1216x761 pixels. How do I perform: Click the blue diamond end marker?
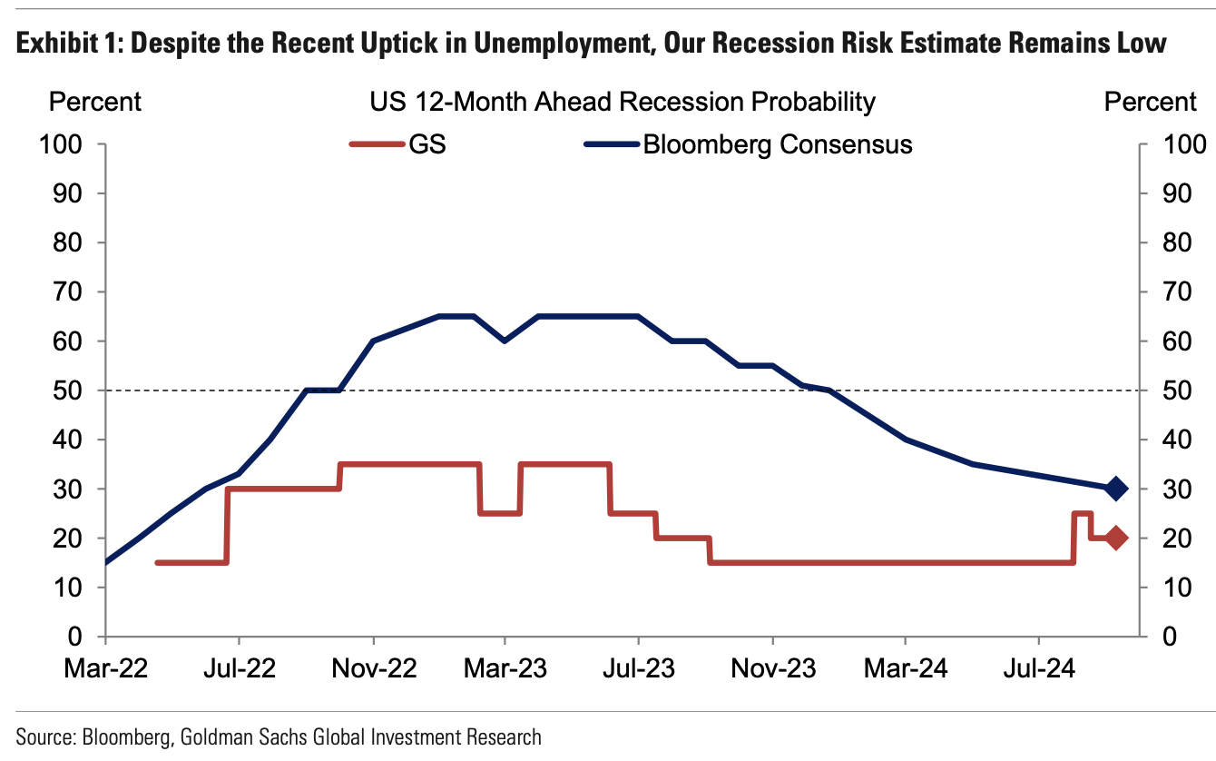pos(1116,489)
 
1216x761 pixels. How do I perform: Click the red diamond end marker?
pos(1116,538)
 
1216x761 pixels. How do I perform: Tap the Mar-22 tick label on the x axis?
pos(105,669)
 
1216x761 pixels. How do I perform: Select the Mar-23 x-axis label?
pos(505,669)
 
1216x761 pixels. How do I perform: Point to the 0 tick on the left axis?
pos(76,637)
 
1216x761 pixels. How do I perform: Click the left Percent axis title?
pos(95,102)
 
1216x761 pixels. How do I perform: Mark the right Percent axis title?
pos(1151,102)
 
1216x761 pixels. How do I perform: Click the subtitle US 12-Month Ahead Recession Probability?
pos(623,102)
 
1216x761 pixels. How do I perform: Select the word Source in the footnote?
pos(44,736)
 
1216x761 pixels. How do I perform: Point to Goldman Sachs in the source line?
pos(230,736)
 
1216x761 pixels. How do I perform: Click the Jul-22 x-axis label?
pos(239,669)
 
